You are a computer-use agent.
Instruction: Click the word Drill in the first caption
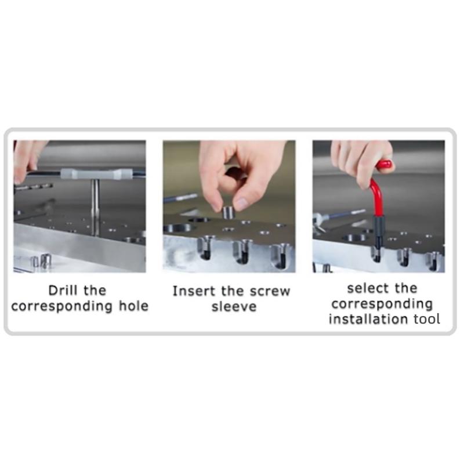tap(64, 291)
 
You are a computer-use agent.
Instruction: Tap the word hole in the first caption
tap(133, 306)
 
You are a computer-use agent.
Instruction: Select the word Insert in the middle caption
tap(194, 291)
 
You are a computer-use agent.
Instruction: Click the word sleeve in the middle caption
tap(234, 307)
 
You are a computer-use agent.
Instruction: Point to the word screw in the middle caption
tap(270, 292)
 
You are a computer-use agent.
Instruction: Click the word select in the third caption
tap(365, 288)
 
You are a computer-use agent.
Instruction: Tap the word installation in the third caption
tap(368, 319)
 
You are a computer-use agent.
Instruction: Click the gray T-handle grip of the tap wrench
tap(96, 174)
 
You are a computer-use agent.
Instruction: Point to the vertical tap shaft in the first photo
tap(95, 207)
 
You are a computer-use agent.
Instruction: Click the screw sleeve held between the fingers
tap(228, 212)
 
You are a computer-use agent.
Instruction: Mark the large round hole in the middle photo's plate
tap(177, 228)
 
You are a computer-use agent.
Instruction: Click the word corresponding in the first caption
tap(62, 307)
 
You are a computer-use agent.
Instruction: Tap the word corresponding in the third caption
tap(382, 304)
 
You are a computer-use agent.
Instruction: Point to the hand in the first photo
tap(27, 160)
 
